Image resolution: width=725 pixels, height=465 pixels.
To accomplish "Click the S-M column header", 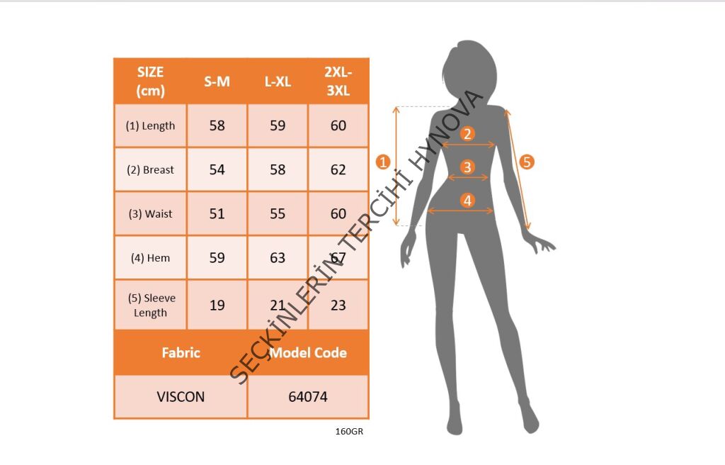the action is pyautogui.click(x=217, y=82).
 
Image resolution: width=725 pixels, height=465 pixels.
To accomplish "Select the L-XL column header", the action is pyautogui.click(x=278, y=82).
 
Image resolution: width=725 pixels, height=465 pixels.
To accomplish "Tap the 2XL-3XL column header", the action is pyautogui.click(x=338, y=81).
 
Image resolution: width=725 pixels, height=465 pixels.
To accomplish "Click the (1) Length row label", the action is pyautogui.click(x=150, y=125).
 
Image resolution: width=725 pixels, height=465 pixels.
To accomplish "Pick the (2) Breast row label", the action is pyautogui.click(x=150, y=169).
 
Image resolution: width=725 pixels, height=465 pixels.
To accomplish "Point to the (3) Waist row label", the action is pyautogui.click(x=150, y=213).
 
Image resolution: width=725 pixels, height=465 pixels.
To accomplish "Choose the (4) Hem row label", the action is pyautogui.click(x=150, y=257).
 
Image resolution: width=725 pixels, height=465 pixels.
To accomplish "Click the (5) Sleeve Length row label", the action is pyautogui.click(x=152, y=305).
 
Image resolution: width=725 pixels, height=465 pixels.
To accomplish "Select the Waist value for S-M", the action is pyautogui.click(x=217, y=213).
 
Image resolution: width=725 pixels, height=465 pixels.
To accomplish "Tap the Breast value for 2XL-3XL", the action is pyautogui.click(x=338, y=169).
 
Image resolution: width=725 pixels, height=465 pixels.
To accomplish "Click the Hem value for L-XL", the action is pyautogui.click(x=278, y=257).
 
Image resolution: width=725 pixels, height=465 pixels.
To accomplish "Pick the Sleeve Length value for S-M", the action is pyautogui.click(x=217, y=305).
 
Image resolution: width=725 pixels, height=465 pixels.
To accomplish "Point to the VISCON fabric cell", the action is pyautogui.click(x=181, y=397).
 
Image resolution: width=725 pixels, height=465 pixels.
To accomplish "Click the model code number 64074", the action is pyautogui.click(x=308, y=397).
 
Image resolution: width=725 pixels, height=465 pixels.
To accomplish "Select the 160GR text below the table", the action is pyautogui.click(x=349, y=431).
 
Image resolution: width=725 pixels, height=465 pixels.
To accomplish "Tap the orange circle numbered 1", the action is pyautogui.click(x=383, y=162).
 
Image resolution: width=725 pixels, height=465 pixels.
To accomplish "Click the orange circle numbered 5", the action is pyautogui.click(x=527, y=162).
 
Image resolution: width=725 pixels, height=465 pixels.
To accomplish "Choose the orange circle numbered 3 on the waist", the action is pyautogui.click(x=467, y=167).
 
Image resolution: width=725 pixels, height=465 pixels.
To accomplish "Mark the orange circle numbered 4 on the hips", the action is pyautogui.click(x=467, y=201).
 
